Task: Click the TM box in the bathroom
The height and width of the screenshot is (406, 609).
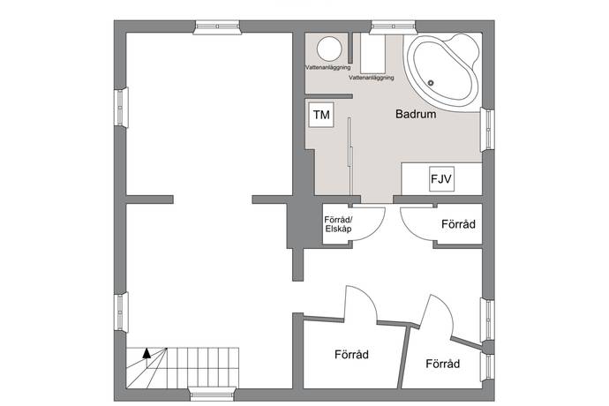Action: [x=321, y=115]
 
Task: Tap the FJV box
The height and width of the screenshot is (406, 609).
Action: [x=441, y=178]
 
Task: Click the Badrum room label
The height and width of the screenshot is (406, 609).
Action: [x=416, y=114]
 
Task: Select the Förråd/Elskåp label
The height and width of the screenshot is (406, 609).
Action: [x=338, y=224]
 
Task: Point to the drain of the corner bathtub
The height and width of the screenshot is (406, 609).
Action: [x=431, y=83]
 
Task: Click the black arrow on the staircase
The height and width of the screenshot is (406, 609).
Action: [x=147, y=353]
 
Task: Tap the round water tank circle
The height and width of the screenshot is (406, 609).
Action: [x=329, y=49]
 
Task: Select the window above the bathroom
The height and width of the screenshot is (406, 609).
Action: [x=393, y=27]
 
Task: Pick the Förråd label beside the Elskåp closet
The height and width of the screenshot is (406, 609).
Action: [x=458, y=224]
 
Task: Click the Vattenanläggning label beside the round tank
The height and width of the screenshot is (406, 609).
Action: [x=327, y=67]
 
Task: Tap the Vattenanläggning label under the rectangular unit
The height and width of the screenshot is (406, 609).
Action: [x=372, y=78]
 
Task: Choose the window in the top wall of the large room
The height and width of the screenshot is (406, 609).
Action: [x=217, y=27]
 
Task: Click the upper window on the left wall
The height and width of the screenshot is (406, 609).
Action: [x=121, y=107]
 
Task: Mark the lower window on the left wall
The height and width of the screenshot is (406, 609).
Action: [x=121, y=312]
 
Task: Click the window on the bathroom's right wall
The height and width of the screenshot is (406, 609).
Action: [x=487, y=130]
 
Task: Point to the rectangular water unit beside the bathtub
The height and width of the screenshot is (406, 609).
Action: [x=372, y=53]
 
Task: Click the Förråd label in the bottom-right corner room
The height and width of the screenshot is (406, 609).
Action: [x=443, y=364]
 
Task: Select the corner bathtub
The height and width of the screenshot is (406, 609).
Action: [x=441, y=72]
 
